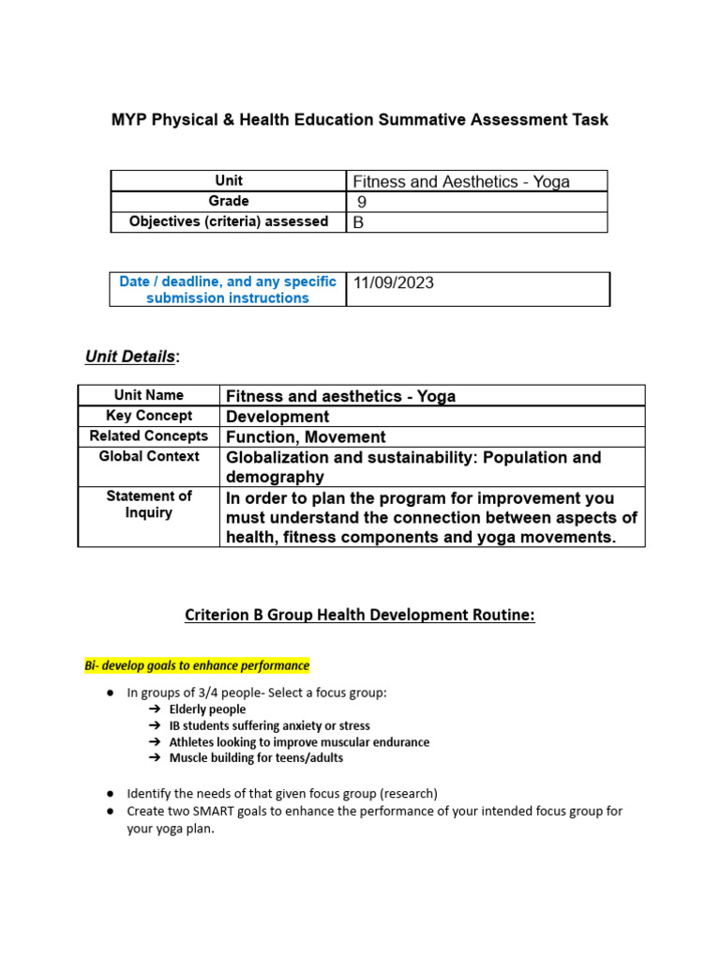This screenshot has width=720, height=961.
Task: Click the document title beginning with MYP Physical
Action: [360, 120]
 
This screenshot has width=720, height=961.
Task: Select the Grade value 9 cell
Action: [476, 202]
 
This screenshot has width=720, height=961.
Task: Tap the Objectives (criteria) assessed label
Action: [229, 221]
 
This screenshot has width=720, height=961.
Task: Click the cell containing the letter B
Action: [476, 222]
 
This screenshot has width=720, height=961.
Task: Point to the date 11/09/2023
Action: [394, 282]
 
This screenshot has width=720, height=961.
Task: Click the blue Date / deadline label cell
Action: [228, 289]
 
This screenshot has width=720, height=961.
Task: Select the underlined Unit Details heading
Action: [130, 357]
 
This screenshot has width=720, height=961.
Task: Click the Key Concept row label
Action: [149, 416]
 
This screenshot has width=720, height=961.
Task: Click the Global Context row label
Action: [149, 457]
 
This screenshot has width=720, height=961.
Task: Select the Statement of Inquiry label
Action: [149, 505]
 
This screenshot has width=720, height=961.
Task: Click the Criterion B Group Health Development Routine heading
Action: [359, 616]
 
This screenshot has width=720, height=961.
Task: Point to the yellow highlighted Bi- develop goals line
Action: [197, 665]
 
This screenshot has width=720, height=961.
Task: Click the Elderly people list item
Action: [207, 709]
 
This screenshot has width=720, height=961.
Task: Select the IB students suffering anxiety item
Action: [269, 725]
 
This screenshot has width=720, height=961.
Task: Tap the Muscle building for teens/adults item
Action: [256, 757]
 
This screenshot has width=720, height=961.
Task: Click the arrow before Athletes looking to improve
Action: [154, 741]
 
